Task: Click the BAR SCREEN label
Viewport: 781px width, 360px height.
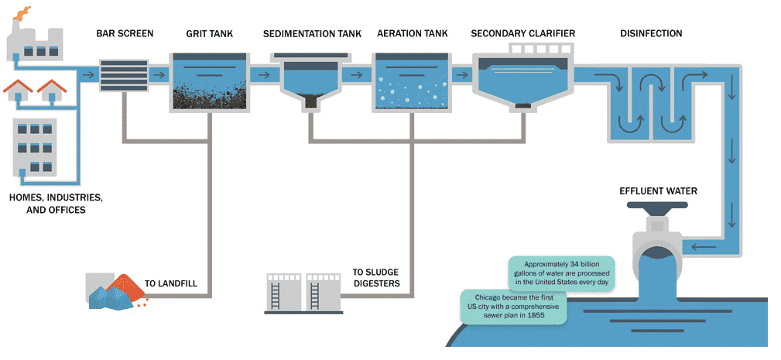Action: pyautogui.click(x=125, y=34)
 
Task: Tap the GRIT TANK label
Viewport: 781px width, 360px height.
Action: pyautogui.click(x=209, y=34)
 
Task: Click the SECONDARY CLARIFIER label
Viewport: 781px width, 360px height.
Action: pyautogui.click(x=522, y=34)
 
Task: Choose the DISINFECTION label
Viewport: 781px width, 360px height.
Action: pyautogui.click(x=651, y=34)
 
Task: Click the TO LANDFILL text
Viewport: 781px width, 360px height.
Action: pyautogui.click(x=170, y=283)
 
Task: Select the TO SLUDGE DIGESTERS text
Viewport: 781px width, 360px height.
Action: pyautogui.click(x=376, y=277)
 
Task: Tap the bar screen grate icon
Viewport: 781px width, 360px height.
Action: pyautogui.click(x=125, y=75)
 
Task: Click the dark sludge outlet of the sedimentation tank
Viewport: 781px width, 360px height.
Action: pyautogui.click(x=311, y=101)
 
